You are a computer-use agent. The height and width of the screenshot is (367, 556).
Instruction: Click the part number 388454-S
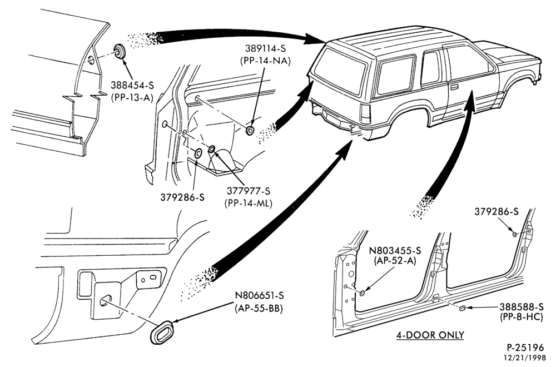pyautogui.click(x=132, y=86)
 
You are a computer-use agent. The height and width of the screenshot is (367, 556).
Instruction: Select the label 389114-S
pyautogui.click(x=265, y=49)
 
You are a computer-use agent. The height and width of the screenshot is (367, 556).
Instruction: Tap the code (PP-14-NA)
pyautogui.click(x=265, y=61)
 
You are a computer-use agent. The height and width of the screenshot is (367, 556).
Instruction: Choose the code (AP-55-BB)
pyautogui.click(x=259, y=309)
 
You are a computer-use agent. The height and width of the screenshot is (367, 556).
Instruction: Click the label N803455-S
pyautogui.click(x=395, y=250)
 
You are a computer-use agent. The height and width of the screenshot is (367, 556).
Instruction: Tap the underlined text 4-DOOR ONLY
pyautogui.click(x=430, y=335)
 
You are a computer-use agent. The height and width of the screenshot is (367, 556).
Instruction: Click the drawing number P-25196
pyautogui.click(x=525, y=348)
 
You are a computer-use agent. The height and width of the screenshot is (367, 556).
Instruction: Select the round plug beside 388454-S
pyautogui.click(x=120, y=51)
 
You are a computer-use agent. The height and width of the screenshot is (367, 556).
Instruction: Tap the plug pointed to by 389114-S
pyautogui.click(x=250, y=131)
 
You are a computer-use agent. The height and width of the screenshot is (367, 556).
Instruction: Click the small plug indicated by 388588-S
pyautogui.click(x=463, y=308)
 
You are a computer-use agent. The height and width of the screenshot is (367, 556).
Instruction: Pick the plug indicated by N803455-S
pyautogui.click(x=362, y=293)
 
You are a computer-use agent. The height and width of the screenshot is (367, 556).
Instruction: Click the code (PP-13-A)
pyautogui.click(x=132, y=97)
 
